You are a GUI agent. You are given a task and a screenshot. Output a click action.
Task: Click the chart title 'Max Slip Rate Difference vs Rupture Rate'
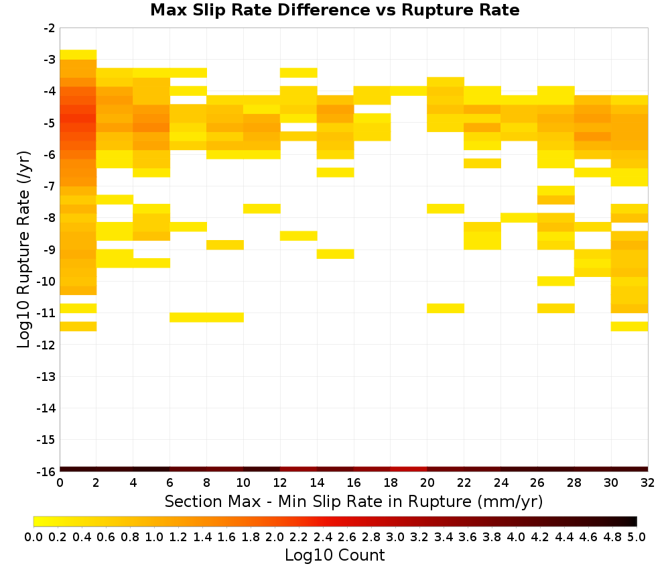pos(334,10)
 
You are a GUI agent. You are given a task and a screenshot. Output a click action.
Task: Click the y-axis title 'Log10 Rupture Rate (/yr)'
pos(23,249)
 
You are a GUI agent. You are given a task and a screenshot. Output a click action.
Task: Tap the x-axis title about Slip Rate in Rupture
pos(353,501)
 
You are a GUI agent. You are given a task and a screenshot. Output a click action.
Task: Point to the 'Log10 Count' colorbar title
pos(334,555)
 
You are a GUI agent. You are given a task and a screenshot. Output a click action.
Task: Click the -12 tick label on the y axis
pos(46,345)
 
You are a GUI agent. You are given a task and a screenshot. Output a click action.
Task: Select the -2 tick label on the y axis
pos(49,28)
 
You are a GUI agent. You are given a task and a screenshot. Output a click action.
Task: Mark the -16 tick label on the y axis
pos(46,471)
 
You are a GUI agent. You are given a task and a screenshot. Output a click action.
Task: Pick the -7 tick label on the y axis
pos(49,186)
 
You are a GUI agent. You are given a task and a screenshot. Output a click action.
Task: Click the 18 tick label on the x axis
pos(390,483)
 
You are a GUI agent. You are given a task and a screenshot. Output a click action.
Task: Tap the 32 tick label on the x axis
pos(647,483)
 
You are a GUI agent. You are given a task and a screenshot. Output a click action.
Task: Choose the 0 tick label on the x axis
pos(60,483)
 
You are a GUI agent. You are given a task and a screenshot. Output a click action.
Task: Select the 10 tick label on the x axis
pos(243,483)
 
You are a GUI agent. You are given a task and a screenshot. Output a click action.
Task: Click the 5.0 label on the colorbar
pos(636,536)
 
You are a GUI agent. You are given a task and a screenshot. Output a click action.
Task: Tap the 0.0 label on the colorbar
pos(33,536)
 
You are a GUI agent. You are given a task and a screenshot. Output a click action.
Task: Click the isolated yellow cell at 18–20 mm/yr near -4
pos(409,91)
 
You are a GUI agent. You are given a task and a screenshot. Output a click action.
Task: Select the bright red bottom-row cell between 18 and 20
pos(409,469)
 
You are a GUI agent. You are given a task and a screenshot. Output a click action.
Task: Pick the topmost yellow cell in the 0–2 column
pos(78,55)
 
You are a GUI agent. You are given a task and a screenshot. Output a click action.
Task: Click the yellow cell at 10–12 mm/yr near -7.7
pos(262,209)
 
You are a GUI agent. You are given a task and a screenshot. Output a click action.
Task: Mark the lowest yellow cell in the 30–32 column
pos(629,327)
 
